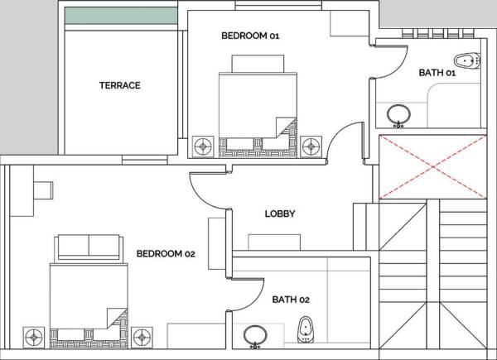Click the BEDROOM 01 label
pyautogui.click(x=251, y=36)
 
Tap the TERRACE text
pyautogui.click(x=120, y=85)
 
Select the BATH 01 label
pyautogui.click(x=437, y=73)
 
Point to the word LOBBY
pyautogui.click(x=280, y=214)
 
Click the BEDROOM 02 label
pyautogui.click(x=165, y=253)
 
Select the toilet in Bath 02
pyautogui.click(x=306, y=329)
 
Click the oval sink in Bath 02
pyautogui.click(x=255, y=334)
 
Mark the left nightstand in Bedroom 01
pyautogui.click(x=202, y=146)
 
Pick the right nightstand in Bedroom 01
pyautogui.click(x=311, y=146)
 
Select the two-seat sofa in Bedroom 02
pyautogui.click(x=88, y=246)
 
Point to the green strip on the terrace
pyautogui.click(x=121, y=16)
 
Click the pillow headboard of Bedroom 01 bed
pyautogui.click(x=258, y=65)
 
